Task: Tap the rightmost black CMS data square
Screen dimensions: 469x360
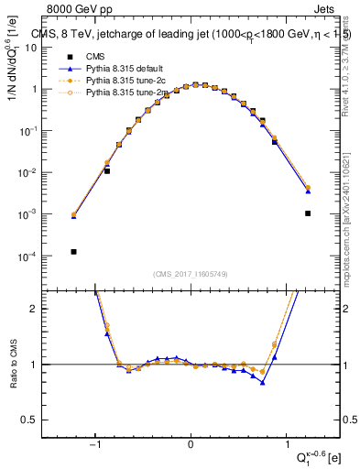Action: [308, 213]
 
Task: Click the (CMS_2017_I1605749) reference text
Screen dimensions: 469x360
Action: [191, 274]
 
